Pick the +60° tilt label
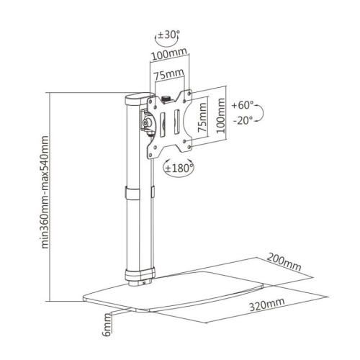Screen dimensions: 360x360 click(x=243, y=106)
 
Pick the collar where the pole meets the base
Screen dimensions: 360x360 click(x=139, y=274)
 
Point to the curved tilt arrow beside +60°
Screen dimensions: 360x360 click(x=261, y=114)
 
